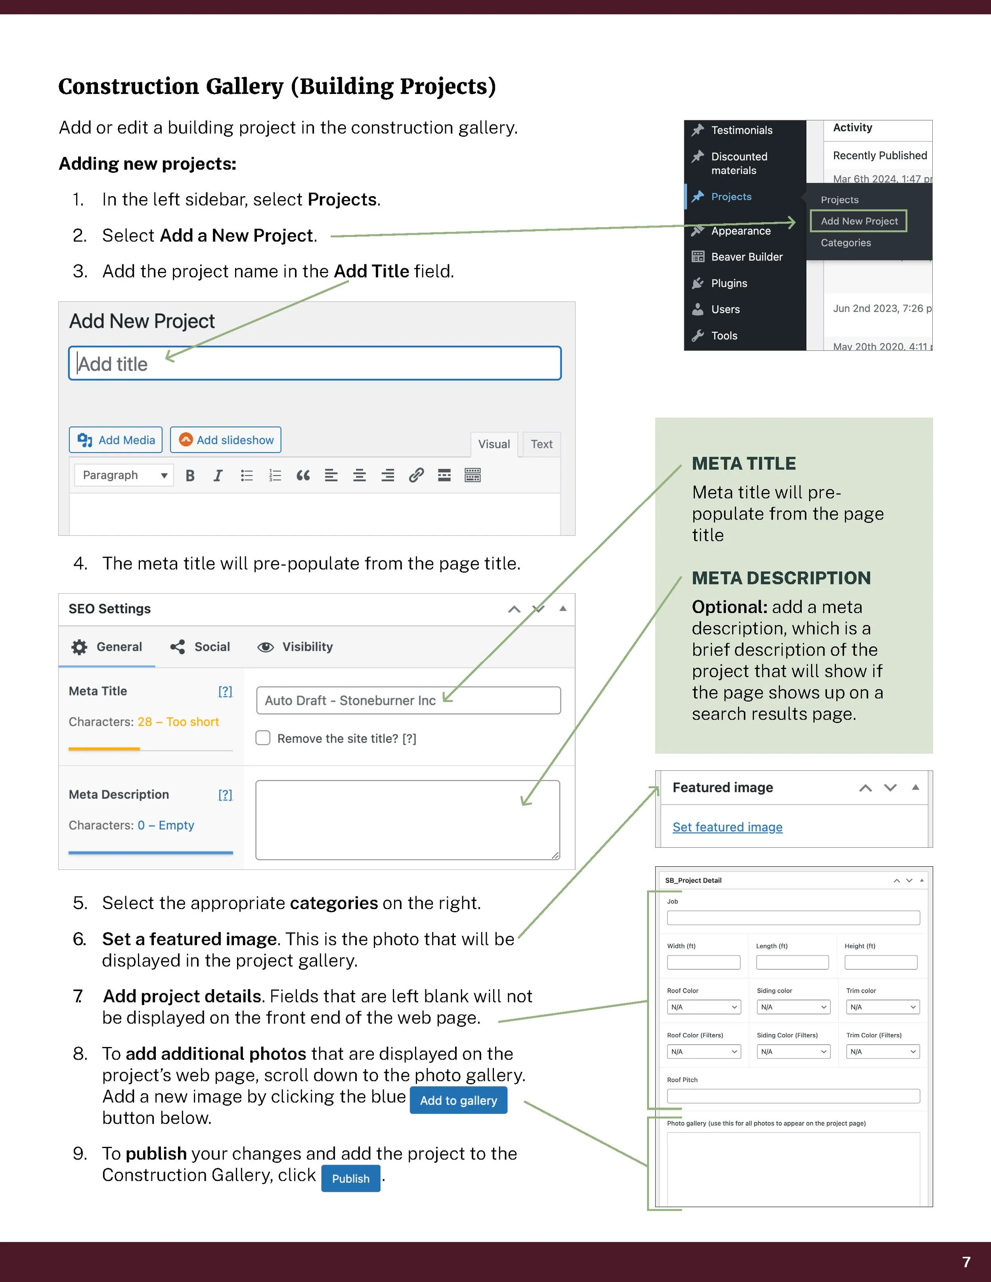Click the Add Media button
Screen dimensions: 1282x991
point(116,439)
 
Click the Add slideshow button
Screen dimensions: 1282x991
point(226,439)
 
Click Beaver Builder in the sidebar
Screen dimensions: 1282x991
point(746,256)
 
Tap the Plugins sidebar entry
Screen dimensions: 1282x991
point(729,283)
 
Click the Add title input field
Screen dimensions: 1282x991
point(315,363)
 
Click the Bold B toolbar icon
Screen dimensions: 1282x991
point(189,476)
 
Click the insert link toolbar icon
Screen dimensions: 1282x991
point(416,476)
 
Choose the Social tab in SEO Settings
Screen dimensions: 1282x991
point(201,647)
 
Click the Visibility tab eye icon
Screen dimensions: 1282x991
point(265,647)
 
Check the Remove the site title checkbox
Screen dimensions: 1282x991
point(263,738)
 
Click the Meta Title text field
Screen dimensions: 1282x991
point(408,700)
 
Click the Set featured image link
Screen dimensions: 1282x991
point(727,827)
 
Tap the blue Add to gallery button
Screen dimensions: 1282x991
point(458,1100)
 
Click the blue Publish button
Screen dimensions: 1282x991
point(350,1179)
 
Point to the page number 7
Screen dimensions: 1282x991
point(966,1261)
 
